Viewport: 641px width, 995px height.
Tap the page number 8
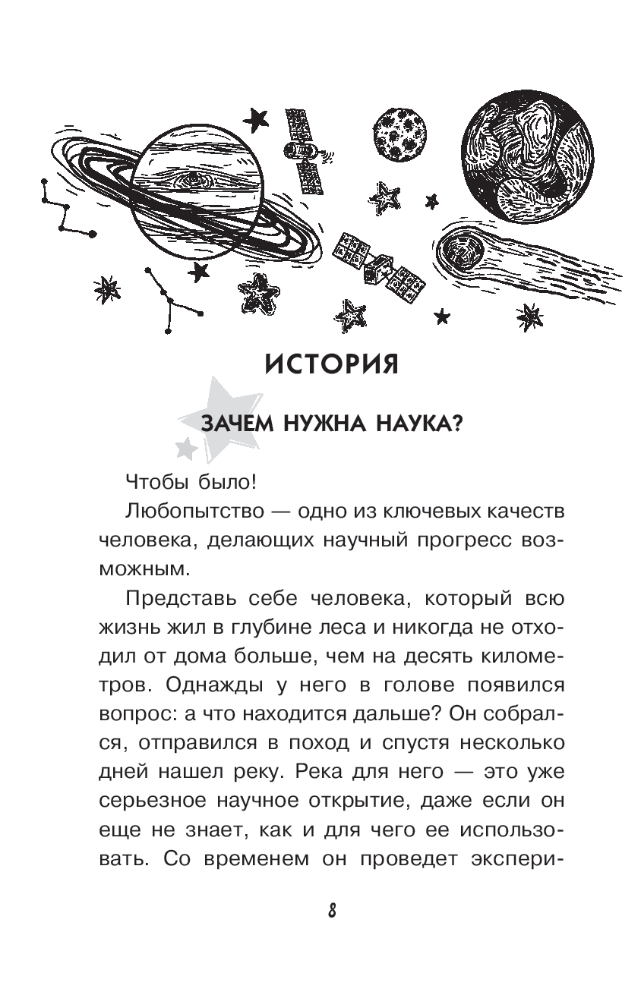tap(332, 912)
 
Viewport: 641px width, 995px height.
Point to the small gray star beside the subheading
tap(185, 449)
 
